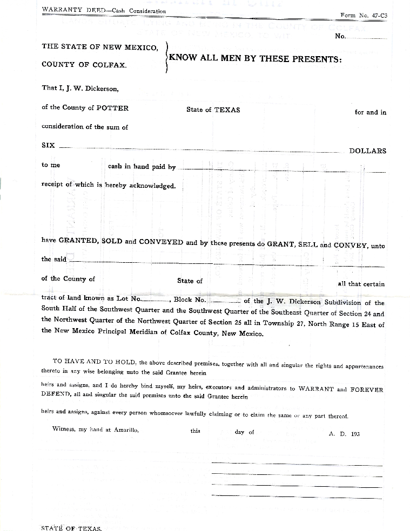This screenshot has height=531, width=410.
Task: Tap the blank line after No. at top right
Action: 367,38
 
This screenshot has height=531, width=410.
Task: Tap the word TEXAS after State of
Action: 227,110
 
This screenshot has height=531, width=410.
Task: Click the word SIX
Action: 48,146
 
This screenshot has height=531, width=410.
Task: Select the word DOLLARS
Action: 367,151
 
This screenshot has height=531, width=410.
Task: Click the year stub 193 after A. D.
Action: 354,433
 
